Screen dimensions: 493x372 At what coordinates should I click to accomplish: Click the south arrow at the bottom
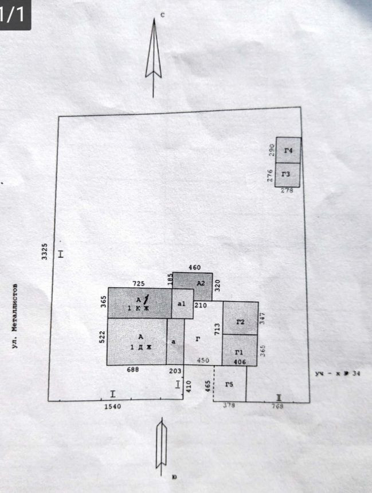click(x=162, y=445)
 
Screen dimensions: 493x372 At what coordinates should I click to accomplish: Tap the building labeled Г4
click(x=288, y=150)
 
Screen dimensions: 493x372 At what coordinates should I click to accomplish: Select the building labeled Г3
click(x=288, y=174)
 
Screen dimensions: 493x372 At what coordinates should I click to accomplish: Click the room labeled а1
click(x=182, y=304)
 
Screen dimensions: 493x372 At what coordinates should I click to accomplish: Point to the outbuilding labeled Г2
click(x=240, y=322)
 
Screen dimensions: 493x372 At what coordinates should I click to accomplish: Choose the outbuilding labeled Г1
click(x=240, y=352)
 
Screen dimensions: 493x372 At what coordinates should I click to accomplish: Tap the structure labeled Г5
click(x=230, y=384)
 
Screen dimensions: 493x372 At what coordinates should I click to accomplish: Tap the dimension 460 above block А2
click(x=194, y=267)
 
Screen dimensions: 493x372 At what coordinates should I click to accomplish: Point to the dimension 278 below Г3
click(x=287, y=191)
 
